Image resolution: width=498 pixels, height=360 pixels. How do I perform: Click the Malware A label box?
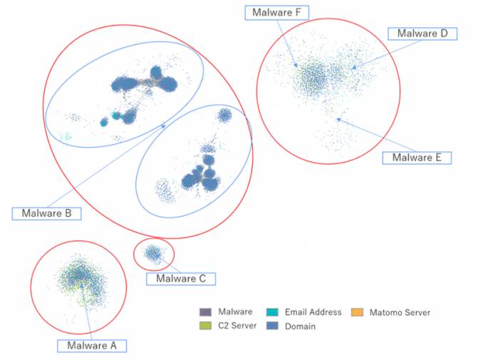[92, 346]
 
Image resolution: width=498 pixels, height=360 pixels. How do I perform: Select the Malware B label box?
[46, 212]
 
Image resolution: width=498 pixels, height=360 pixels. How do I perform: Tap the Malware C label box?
[180, 279]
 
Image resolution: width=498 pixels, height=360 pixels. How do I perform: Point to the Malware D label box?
[422, 34]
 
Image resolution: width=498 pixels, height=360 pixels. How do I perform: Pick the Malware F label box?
[277, 12]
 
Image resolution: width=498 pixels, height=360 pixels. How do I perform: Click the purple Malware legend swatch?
[204, 312]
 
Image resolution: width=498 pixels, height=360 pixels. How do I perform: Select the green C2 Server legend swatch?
[204, 326]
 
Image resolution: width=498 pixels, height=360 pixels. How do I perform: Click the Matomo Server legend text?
[400, 312]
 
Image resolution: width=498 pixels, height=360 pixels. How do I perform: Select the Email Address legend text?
[313, 312]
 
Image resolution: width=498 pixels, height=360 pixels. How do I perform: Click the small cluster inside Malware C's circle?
[152, 252]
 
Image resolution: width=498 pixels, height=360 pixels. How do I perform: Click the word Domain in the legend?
[300, 326]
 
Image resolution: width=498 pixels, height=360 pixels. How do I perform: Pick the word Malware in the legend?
[236, 312]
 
